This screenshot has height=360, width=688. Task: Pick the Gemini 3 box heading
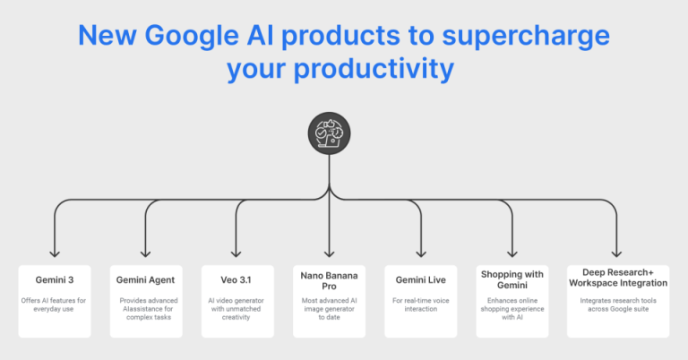pyautogui.click(x=54, y=280)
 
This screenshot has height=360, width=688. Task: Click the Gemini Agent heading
pyautogui.click(x=146, y=280)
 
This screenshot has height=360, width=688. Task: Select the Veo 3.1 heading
pyautogui.click(x=236, y=280)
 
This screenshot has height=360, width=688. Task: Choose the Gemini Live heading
pyautogui.click(x=420, y=280)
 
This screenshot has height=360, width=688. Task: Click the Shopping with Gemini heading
pyautogui.click(x=512, y=280)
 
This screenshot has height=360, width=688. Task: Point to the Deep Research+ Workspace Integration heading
pyautogui.click(x=617, y=277)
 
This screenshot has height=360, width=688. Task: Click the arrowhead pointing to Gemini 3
pyautogui.click(x=55, y=253)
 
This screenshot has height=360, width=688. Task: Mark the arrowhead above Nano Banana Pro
pyautogui.click(x=330, y=253)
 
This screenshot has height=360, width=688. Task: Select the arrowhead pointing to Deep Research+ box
pyautogui.click(x=617, y=253)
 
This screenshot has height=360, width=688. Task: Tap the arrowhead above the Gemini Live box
pyautogui.click(x=421, y=253)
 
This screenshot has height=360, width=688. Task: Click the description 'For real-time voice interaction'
pyautogui.click(x=420, y=304)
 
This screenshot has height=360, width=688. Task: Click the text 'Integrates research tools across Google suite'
pyautogui.click(x=617, y=306)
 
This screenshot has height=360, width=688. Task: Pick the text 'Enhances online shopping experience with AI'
pyautogui.click(x=512, y=310)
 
